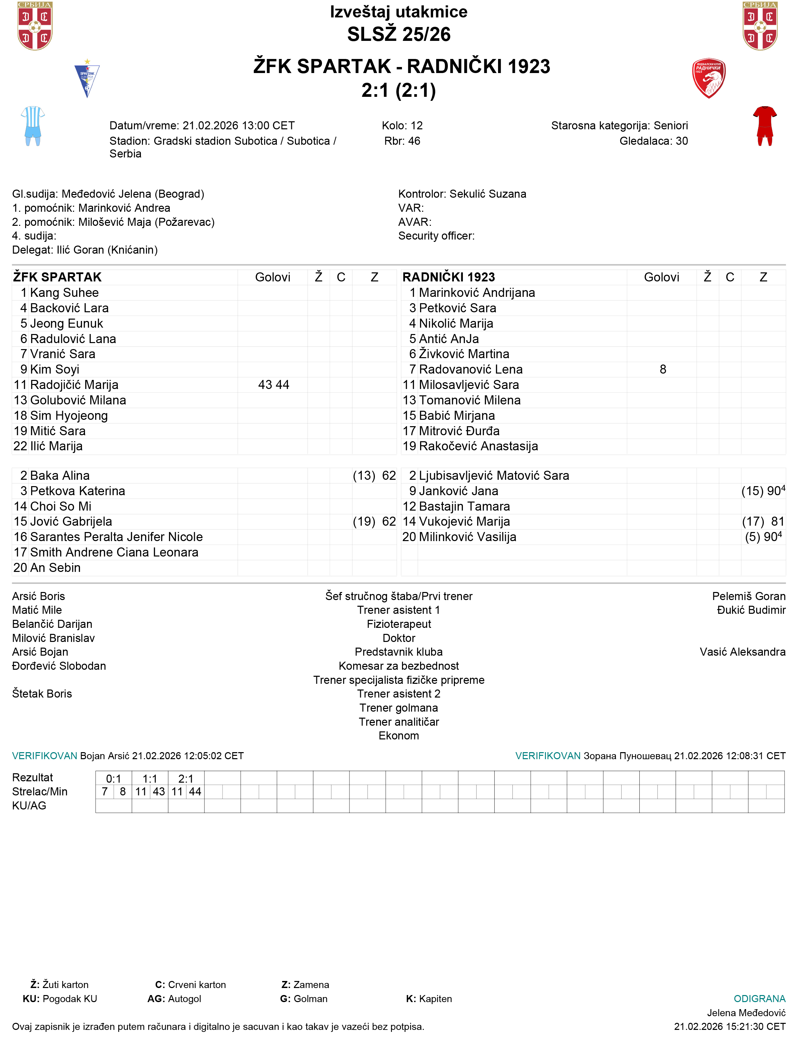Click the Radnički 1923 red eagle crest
point(708,78)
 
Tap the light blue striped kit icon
point(33,126)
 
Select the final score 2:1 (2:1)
point(399,90)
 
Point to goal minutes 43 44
point(273,385)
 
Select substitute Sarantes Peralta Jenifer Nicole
point(116,537)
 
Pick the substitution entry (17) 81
point(763,521)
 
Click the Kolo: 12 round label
point(402,126)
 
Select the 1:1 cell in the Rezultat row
point(150,779)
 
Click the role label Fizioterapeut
point(399,624)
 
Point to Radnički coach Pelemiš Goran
point(748,596)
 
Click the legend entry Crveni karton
point(196,985)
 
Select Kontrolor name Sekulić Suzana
point(488,194)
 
